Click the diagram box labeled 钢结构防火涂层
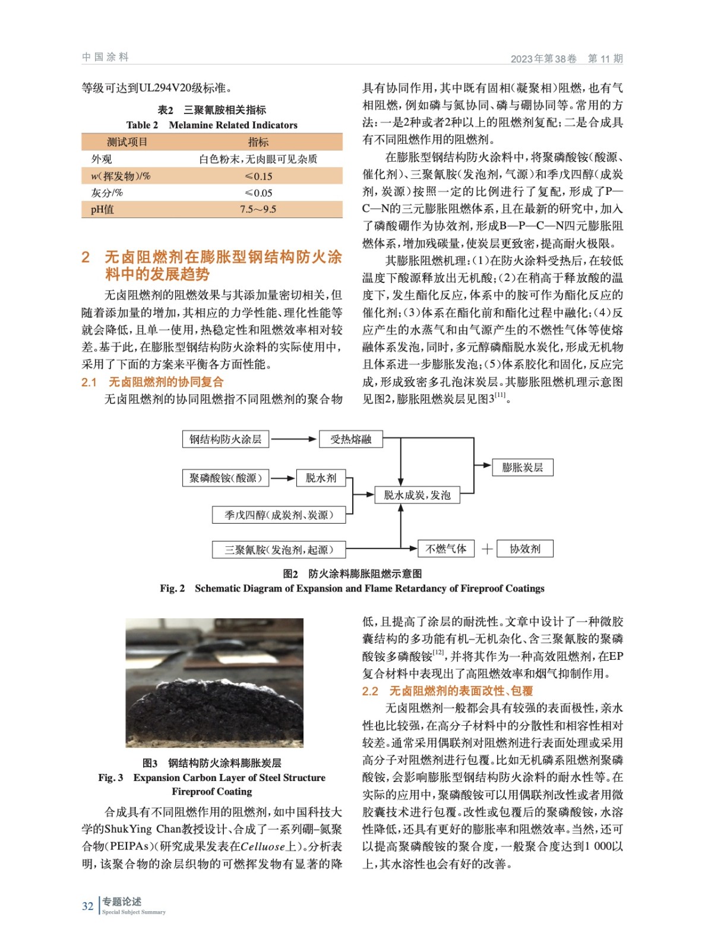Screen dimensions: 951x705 click(x=225, y=439)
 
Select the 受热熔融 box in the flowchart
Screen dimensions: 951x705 click(x=350, y=439)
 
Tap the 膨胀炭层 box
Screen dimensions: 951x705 click(x=522, y=467)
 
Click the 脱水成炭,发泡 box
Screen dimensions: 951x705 click(x=417, y=495)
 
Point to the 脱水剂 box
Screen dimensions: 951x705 click(x=321, y=478)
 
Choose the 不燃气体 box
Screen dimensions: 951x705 click(x=446, y=549)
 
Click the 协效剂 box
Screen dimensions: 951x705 click(x=525, y=549)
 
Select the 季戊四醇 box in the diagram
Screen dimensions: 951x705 click(x=279, y=515)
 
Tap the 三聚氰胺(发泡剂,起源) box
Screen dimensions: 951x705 click(x=279, y=550)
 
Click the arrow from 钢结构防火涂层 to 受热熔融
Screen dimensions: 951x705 click(x=293, y=439)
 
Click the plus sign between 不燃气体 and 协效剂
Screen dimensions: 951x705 click(x=487, y=549)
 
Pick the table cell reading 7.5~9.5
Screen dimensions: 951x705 click(x=258, y=209)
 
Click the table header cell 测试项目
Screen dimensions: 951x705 click(x=127, y=142)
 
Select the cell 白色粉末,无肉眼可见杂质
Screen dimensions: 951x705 click(x=258, y=159)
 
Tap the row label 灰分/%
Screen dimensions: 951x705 click(x=107, y=193)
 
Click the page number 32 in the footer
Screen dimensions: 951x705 click(x=88, y=906)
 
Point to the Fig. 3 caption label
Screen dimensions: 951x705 click(x=110, y=777)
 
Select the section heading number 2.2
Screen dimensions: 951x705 click(x=370, y=691)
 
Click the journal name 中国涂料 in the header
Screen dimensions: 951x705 click(x=105, y=57)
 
